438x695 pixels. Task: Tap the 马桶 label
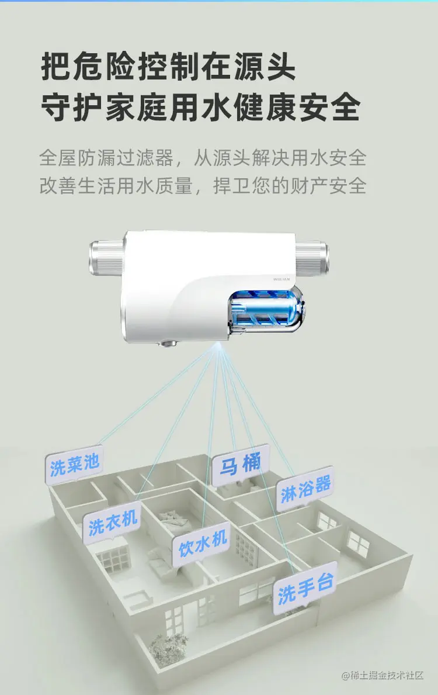click(x=239, y=465)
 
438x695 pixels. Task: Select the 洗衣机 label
click(x=112, y=521)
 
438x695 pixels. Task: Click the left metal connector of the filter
click(x=106, y=257)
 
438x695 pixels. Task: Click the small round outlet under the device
click(x=169, y=343)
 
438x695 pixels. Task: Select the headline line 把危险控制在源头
click(x=168, y=67)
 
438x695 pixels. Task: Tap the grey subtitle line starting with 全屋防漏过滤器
click(x=203, y=157)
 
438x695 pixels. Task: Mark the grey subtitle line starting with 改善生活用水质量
click(x=203, y=186)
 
